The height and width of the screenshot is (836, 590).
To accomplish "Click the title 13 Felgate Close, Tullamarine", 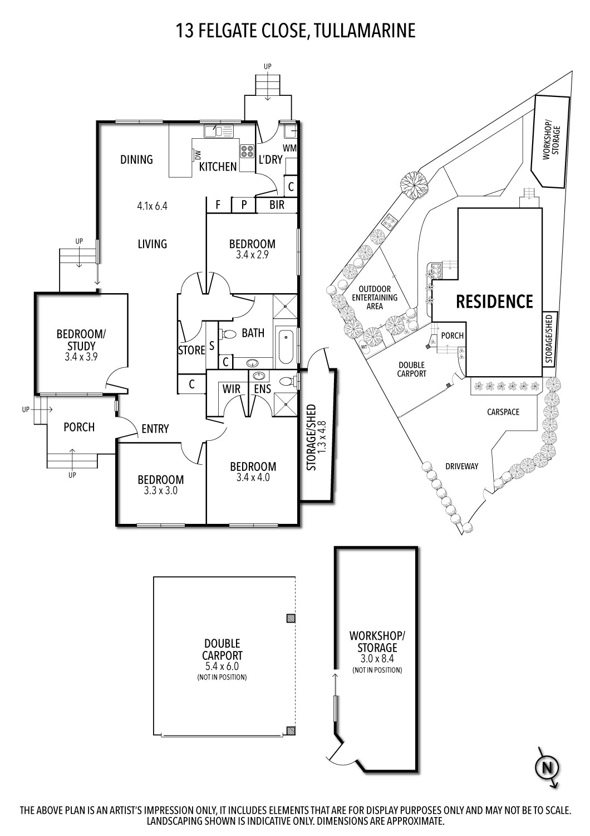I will click(x=296, y=30).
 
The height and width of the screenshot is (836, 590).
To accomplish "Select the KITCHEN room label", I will click(x=218, y=167).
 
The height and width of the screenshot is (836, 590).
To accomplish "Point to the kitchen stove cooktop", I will click(x=247, y=150).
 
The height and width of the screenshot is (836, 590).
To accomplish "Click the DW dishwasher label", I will click(x=198, y=154).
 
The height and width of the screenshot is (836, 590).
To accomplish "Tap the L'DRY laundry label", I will click(x=271, y=159).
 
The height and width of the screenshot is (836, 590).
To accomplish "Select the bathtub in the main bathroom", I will click(x=286, y=347).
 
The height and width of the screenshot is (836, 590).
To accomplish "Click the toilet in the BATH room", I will click(x=228, y=334).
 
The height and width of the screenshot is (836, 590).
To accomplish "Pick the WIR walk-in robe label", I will click(x=231, y=388).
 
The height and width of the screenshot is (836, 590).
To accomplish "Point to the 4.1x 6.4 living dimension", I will click(x=153, y=206).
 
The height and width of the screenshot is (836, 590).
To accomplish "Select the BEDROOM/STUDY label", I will click(x=81, y=339).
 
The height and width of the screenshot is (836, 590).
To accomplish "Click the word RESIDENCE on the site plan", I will click(x=494, y=302).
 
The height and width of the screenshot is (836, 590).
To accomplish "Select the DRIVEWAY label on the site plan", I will click(x=461, y=466).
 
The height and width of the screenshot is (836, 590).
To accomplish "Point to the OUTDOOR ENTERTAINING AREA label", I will click(x=375, y=297).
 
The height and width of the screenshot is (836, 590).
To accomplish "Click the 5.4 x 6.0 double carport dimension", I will click(x=222, y=666).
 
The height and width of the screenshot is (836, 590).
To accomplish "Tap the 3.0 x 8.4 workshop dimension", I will click(x=377, y=659).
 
